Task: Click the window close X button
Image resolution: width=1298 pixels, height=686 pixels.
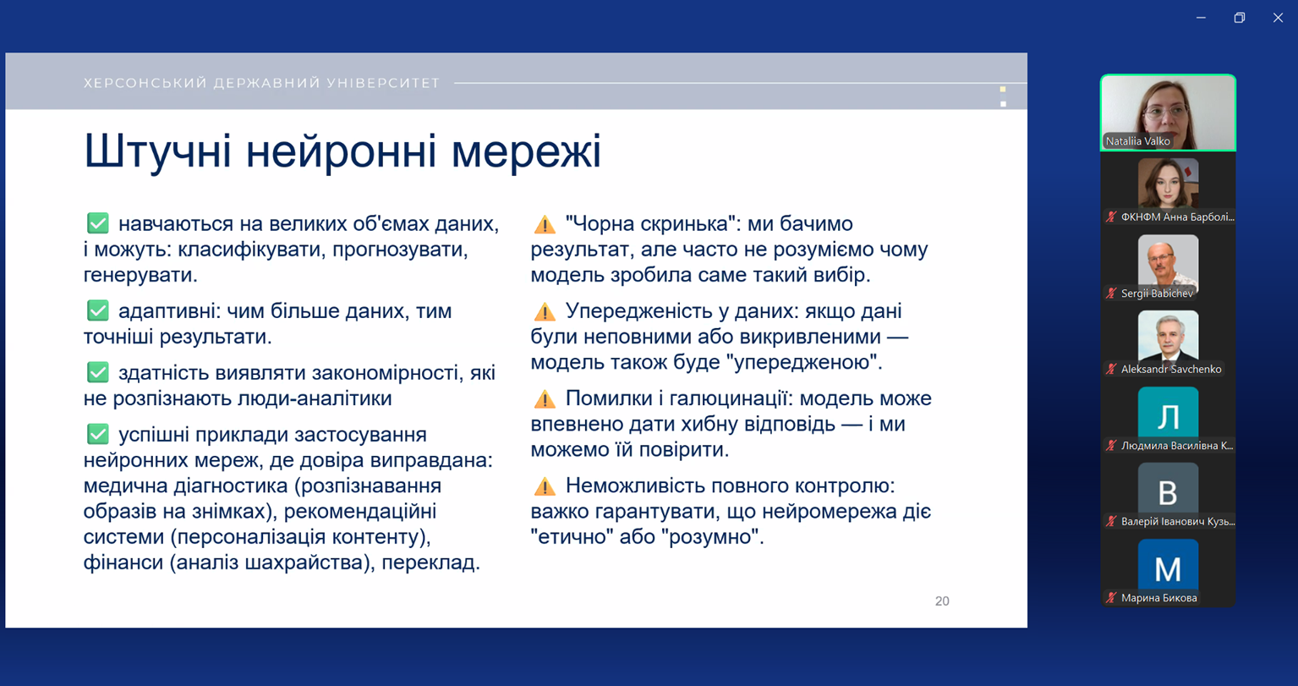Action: point(1278,18)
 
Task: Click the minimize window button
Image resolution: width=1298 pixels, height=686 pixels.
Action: point(1202,18)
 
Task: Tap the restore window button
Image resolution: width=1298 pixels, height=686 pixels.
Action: point(1240,18)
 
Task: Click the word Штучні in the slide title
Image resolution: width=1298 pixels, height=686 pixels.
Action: point(157,151)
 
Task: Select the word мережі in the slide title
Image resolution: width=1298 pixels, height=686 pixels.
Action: point(526,151)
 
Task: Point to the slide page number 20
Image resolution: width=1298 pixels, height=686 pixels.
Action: point(942,601)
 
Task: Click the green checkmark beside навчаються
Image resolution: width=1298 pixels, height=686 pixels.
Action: point(98,223)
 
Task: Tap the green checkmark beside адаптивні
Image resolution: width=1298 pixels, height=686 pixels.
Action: point(98,310)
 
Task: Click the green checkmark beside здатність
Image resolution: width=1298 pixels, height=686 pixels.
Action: point(98,372)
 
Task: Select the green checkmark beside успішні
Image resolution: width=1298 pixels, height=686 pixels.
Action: point(98,434)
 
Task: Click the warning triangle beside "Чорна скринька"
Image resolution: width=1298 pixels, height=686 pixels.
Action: point(545,224)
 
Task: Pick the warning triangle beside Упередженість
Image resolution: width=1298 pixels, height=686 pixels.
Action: point(545,312)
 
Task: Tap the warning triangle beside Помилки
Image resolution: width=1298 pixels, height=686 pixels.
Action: point(545,399)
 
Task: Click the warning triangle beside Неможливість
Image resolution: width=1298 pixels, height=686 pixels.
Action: point(545,486)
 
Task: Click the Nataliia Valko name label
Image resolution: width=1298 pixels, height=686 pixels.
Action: point(1137,141)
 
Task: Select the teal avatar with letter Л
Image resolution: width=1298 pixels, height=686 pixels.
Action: point(1168,412)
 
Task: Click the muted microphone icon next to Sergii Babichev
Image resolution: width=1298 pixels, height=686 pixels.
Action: point(1111,294)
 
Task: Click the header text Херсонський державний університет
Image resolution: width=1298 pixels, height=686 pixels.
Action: point(262,83)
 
